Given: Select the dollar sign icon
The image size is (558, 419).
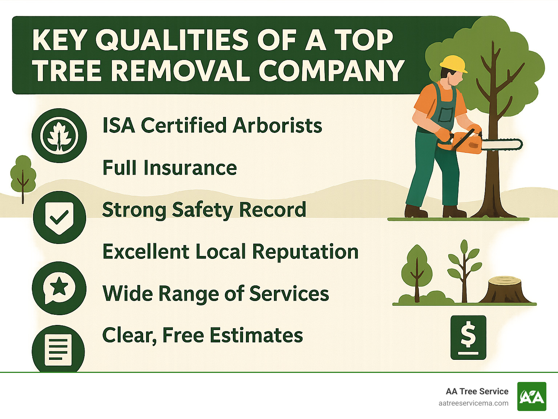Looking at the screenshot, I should click(468, 337).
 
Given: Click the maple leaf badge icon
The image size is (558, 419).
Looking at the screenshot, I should click(59, 136).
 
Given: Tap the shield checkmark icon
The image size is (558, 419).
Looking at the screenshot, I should click(59, 217).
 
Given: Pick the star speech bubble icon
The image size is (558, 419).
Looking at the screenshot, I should click(59, 288).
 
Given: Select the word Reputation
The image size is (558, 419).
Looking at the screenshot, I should click(305, 252).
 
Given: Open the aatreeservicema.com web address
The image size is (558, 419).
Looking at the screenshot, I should click(473, 403).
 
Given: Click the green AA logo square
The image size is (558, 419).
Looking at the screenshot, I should click(531, 396).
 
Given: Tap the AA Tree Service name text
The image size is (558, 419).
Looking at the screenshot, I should click(477, 391).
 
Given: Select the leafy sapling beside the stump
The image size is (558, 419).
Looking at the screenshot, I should click(464, 269).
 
